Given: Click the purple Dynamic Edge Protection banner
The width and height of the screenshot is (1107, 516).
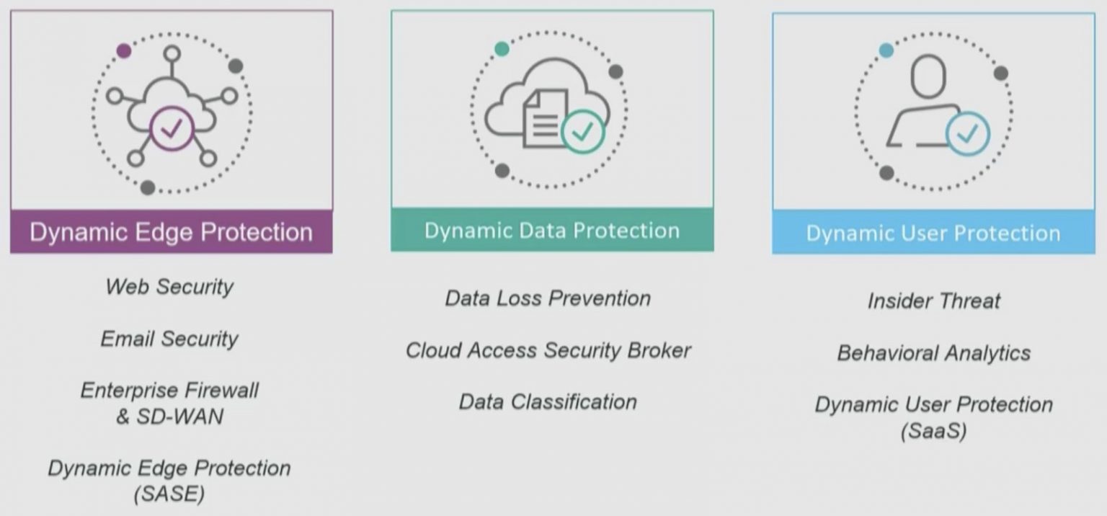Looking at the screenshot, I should tap(171, 232).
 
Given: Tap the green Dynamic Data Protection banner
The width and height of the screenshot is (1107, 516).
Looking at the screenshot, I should tap(551, 231).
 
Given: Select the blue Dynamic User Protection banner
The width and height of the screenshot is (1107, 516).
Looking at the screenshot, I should tap(933, 233).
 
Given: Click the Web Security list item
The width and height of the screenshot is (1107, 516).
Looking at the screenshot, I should tap(169, 287).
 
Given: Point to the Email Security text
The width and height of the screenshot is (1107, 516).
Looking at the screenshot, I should tap(169, 339).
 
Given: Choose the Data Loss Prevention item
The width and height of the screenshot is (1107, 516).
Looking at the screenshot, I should tap(548, 298).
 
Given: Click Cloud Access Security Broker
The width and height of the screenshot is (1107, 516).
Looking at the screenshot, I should tap(548, 350).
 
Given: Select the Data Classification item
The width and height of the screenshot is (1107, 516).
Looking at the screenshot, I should tap(548, 401).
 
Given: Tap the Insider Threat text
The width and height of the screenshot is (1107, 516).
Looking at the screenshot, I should tap(933, 301).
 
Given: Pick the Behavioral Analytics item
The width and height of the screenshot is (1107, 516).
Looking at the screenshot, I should tap(933, 353).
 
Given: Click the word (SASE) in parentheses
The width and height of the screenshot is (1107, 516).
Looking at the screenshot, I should tap(169, 494).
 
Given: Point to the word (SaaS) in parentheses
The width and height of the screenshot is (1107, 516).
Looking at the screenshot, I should tap(933, 431).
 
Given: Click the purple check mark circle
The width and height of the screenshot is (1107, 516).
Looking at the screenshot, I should tap(172, 130).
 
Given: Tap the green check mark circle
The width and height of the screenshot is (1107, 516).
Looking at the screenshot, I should tap(582, 132).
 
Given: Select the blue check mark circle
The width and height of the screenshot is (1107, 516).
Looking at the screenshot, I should tap(967, 133).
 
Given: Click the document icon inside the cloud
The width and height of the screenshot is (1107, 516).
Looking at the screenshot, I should tap(544, 117).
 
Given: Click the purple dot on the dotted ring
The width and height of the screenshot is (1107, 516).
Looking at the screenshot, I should tap(124, 50).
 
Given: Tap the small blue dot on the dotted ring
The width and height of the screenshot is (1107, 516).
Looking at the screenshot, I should tap(886, 50).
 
